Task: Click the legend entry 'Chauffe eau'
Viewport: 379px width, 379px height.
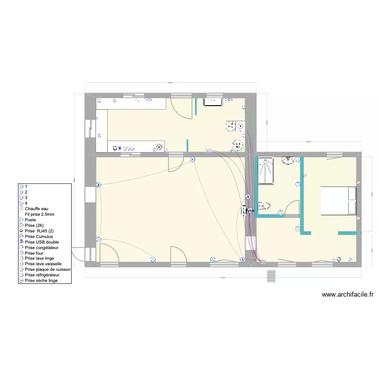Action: coord(35,208)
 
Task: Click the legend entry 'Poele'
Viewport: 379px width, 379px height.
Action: coord(31,219)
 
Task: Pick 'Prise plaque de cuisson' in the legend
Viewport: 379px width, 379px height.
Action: coord(48,269)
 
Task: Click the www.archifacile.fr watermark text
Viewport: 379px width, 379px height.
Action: coord(347,295)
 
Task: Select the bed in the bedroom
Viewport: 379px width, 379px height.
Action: coord(338,201)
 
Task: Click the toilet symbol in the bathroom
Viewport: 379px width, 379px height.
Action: coord(263,206)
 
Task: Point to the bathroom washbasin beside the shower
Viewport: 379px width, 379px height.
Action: coord(288,160)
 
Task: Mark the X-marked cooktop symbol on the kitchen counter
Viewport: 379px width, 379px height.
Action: coord(159,147)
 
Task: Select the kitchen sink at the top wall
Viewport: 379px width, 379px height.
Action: coord(213,102)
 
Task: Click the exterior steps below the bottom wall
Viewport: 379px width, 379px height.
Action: coord(271,276)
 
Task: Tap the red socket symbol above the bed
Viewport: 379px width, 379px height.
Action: coord(358,182)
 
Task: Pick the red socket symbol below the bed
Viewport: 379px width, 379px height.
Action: coord(358,218)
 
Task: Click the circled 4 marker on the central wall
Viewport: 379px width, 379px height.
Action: coord(248,197)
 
